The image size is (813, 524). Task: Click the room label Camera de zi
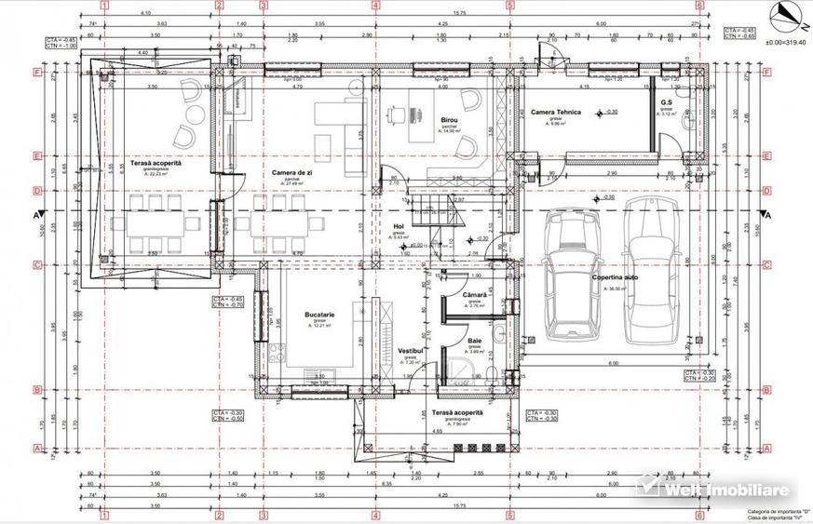[x=291, y=173]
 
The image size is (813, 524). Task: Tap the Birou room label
[x=451, y=120]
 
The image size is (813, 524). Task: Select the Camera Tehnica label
[x=556, y=113]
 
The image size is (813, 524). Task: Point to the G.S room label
[x=667, y=102]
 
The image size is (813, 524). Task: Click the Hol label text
[x=399, y=225]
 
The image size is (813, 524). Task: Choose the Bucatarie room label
[x=319, y=316]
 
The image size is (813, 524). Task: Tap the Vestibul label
[x=412, y=351]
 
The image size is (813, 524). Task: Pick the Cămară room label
[x=475, y=295]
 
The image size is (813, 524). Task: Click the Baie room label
[x=475, y=342]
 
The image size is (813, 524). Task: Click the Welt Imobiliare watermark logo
[x=712, y=489]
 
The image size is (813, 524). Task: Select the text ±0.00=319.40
[x=784, y=43]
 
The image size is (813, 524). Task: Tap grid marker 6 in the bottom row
[x=698, y=515]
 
